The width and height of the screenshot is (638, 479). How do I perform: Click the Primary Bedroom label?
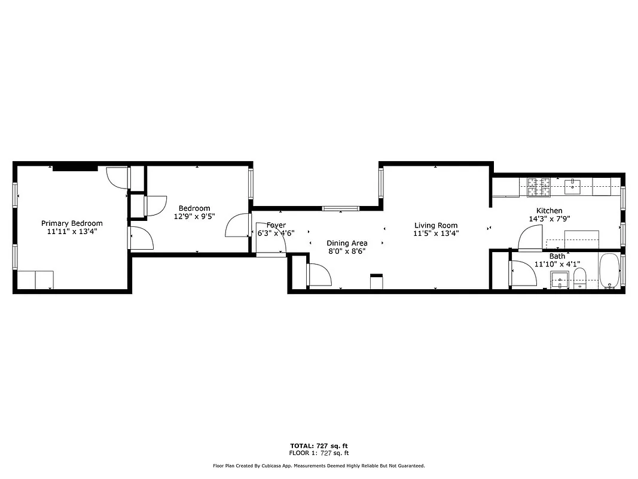pos(72,223)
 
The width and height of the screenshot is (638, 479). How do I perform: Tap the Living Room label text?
pos(436,226)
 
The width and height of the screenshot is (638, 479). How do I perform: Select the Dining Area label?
pos(347,243)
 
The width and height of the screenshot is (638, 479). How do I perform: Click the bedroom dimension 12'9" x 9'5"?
pos(194,216)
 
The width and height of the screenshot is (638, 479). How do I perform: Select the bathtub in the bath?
pos(609,271)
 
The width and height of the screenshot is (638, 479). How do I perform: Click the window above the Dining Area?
pos(340,208)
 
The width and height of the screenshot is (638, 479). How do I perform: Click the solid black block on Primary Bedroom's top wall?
pos(75,168)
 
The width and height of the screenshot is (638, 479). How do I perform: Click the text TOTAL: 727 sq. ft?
pos(318,446)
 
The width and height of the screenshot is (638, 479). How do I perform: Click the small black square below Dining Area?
pos(377,281)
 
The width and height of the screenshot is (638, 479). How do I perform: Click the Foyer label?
pos(276,225)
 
